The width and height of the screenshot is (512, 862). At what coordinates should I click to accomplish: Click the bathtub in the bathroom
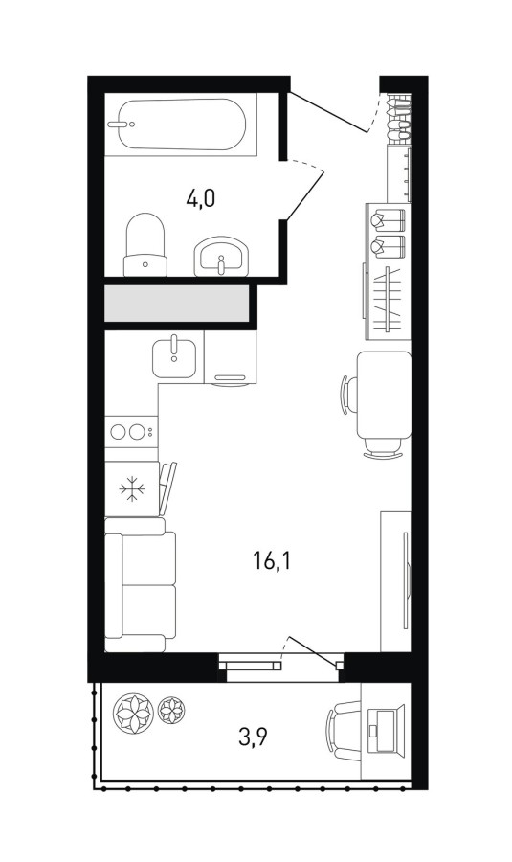181,125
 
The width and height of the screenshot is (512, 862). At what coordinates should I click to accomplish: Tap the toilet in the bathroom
145,244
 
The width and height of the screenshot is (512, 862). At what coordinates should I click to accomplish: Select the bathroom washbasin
222,256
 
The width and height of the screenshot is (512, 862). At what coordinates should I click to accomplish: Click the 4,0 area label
201,197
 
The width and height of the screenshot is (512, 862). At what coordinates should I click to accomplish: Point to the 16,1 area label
272,562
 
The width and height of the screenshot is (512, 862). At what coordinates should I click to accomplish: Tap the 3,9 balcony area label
253,737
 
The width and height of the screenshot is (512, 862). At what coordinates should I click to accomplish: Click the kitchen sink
174,358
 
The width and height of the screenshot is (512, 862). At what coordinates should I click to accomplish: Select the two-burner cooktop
131,432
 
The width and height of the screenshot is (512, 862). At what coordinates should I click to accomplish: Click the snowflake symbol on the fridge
132,488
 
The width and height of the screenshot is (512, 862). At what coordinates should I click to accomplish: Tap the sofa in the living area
141,585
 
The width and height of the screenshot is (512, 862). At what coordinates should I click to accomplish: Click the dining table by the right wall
384,396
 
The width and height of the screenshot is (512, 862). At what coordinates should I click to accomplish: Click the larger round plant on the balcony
131,713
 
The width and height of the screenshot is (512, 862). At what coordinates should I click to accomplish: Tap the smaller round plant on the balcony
171,710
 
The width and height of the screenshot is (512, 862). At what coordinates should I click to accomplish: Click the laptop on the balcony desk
386,723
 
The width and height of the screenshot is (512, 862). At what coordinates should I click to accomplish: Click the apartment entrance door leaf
328,113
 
